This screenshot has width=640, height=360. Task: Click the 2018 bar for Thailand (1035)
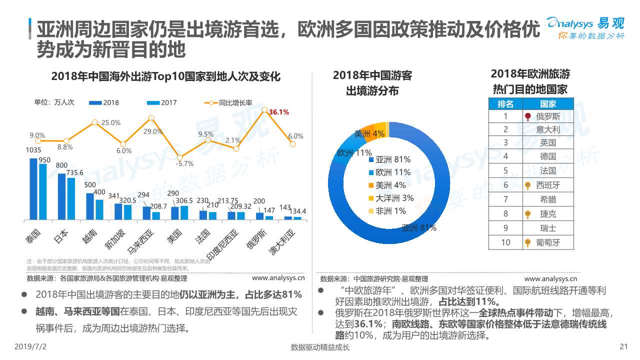(33, 189)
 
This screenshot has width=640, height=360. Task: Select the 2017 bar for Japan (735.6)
(71, 198)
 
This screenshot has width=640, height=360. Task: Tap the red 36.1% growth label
(279, 112)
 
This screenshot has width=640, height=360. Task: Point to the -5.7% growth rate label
(184, 163)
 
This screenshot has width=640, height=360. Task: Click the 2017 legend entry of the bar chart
(162, 103)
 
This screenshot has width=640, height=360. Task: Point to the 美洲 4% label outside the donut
(369, 133)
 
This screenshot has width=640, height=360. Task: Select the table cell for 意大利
(548, 129)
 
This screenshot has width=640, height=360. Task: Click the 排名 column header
(505, 104)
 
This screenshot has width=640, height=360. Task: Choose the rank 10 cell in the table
(505, 242)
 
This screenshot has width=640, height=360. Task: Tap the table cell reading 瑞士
(548, 228)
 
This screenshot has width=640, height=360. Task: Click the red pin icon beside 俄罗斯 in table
(528, 116)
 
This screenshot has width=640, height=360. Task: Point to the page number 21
(623, 347)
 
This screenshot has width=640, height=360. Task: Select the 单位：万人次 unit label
(54, 102)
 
